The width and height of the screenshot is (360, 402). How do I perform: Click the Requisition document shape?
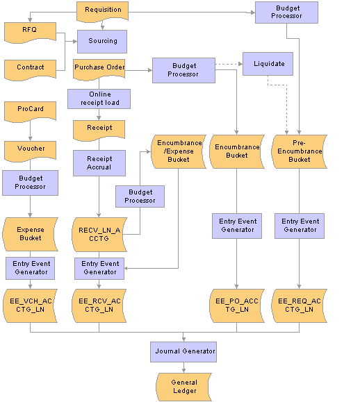pos(102,11)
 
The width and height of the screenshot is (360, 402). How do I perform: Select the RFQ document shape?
pos(31,32)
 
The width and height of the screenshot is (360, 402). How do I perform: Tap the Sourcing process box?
pos(102,42)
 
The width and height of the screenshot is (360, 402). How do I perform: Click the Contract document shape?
pos(31,69)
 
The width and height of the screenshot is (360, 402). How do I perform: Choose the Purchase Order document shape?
pos(99,69)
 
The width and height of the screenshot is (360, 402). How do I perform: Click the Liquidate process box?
pos(268,64)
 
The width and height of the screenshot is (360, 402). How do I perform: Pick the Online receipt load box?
pos(99,99)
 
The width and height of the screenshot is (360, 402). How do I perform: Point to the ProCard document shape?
pos(31,111)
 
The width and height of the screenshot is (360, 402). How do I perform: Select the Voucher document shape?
pos(31,151)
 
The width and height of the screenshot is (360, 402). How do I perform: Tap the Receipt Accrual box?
pos(99,163)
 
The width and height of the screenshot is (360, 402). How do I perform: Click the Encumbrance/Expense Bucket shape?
pos(179,151)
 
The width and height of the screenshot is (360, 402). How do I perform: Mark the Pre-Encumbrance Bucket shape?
pos(299,151)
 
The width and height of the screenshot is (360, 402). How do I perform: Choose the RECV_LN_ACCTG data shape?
pos(99,235)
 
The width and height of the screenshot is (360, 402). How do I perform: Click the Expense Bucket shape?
pos(30,234)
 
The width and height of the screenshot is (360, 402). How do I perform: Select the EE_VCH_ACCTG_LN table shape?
pos(30,305)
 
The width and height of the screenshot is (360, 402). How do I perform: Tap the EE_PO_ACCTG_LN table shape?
pos(236,305)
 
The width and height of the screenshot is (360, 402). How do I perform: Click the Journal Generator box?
pos(183,352)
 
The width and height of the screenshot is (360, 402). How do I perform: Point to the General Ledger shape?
pos(183,387)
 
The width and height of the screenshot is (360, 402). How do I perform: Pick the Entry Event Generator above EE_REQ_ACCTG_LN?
pos(300,226)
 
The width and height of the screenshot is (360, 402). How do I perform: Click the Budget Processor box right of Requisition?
pos(286,12)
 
